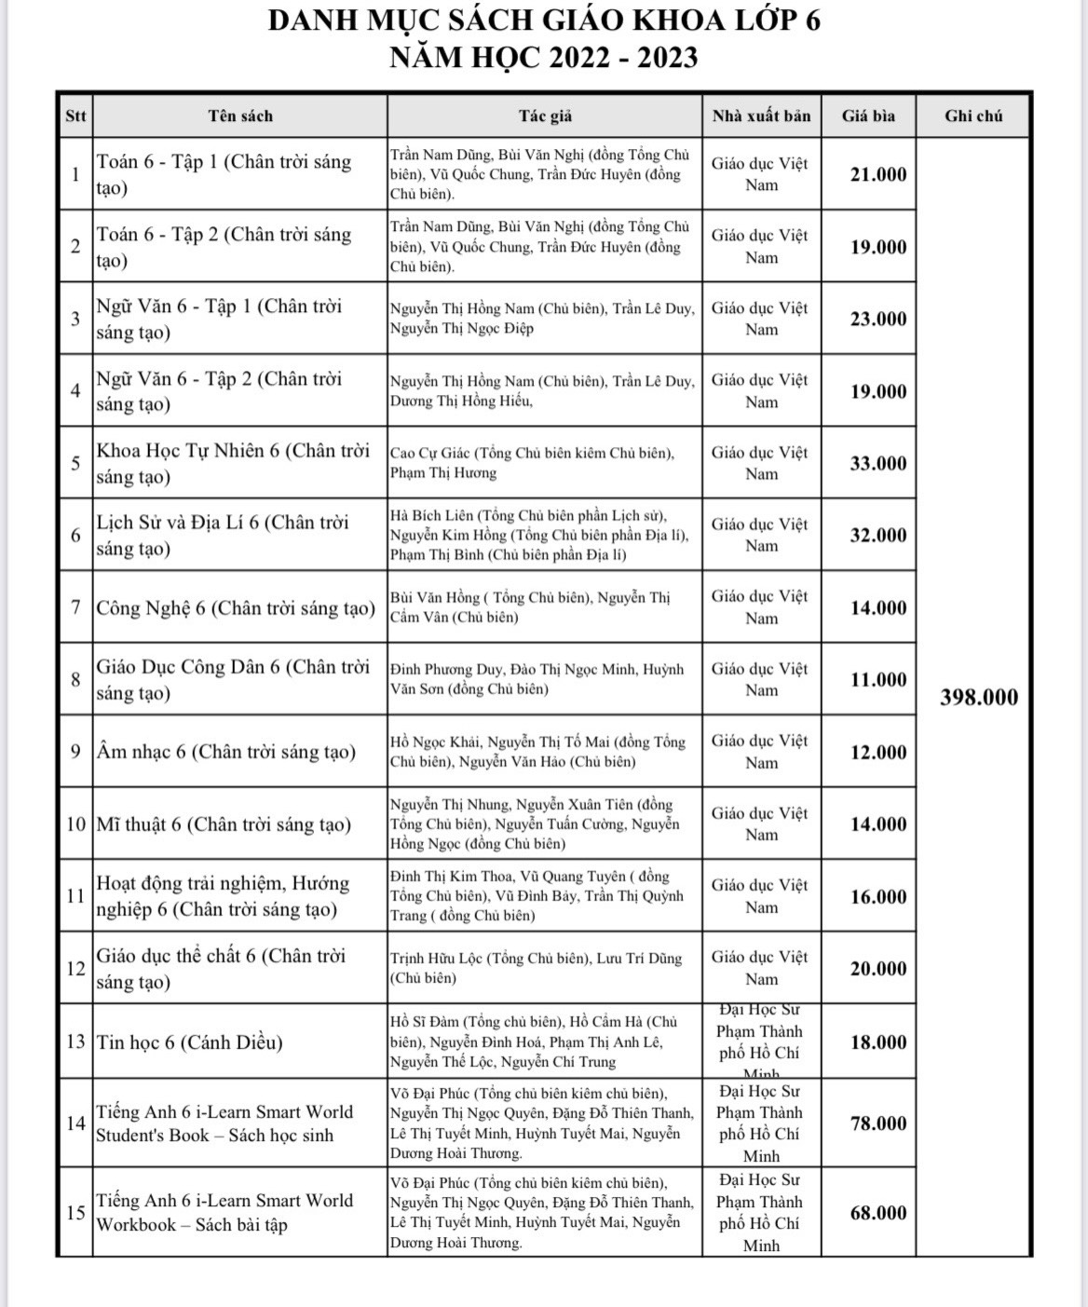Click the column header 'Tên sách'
point(240,116)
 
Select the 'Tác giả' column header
point(545,116)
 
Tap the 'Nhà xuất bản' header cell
point(761,116)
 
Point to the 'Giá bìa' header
point(868,116)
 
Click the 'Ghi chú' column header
point(973,116)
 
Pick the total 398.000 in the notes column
point(978,698)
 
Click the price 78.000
point(877,1123)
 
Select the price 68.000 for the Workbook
point(877,1213)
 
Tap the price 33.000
point(877,463)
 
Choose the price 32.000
point(877,535)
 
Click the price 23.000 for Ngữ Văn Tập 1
point(877,319)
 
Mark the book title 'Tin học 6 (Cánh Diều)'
point(189,1042)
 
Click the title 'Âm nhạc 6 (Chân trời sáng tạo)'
point(226,752)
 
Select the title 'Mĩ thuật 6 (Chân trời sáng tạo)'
point(224,824)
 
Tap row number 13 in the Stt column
point(75,1042)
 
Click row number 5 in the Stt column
point(75,463)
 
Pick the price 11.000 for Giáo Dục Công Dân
point(877,679)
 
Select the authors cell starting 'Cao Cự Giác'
point(532,463)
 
